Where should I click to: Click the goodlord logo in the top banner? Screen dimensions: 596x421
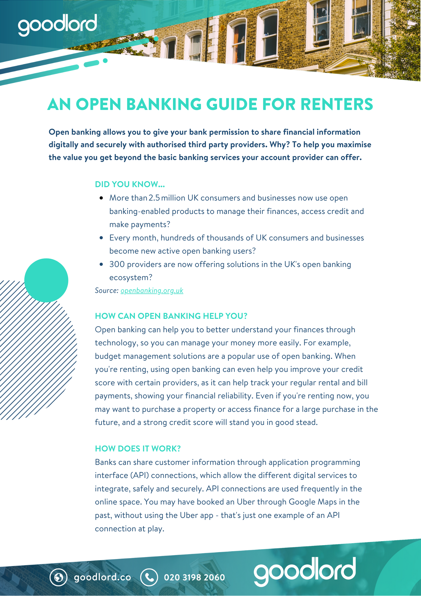(x=57, y=24)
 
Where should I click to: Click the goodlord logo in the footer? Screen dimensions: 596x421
(x=305, y=570)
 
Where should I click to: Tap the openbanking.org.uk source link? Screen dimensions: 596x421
(x=152, y=291)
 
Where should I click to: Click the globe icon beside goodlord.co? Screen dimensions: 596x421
(x=58, y=577)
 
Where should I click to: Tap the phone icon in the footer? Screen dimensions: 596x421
(x=149, y=577)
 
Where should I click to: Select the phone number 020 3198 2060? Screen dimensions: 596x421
(x=194, y=578)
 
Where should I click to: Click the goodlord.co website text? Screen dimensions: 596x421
(x=102, y=577)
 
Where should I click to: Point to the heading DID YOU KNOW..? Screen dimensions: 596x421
(x=130, y=184)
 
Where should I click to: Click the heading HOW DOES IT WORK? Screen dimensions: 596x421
(x=138, y=448)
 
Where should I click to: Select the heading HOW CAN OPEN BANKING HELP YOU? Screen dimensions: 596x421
(x=171, y=316)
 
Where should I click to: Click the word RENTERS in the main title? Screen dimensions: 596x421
(x=336, y=104)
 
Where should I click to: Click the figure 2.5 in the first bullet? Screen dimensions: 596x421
(x=154, y=198)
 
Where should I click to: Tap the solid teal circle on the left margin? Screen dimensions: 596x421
(x=46, y=280)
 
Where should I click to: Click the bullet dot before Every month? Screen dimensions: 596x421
(x=102, y=238)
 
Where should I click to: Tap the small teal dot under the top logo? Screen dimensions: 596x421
(x=105, y=60)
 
